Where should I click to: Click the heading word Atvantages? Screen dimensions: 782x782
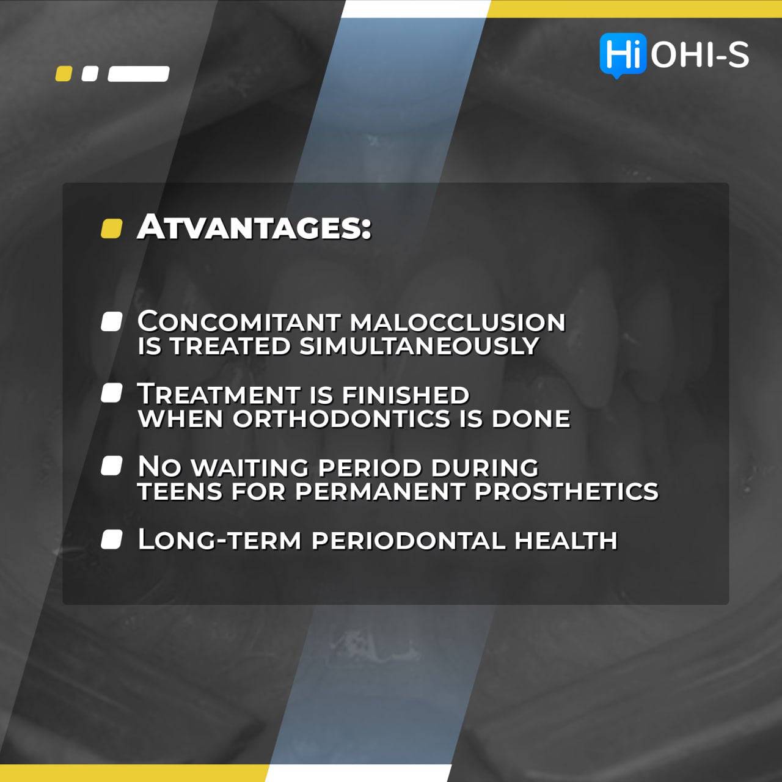click(x=254, y=227)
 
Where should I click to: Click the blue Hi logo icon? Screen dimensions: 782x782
click(x=622, y=54)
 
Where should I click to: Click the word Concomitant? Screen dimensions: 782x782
click(x=239, y=322)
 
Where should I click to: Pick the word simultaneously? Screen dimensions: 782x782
click(x=418, y=346)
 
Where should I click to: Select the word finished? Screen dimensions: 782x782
click(x=406, y=394)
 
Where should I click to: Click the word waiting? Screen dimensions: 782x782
click(x=250, y=467)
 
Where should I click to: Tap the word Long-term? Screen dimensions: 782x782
click(x=219, y=540)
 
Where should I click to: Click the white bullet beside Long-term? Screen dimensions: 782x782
click(x=111, y=539)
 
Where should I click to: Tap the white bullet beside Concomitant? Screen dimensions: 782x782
click(x=111, y=321)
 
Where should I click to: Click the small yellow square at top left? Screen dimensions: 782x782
click(x=64, y=74)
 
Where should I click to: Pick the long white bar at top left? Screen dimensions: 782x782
click(x=139, y=74)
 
